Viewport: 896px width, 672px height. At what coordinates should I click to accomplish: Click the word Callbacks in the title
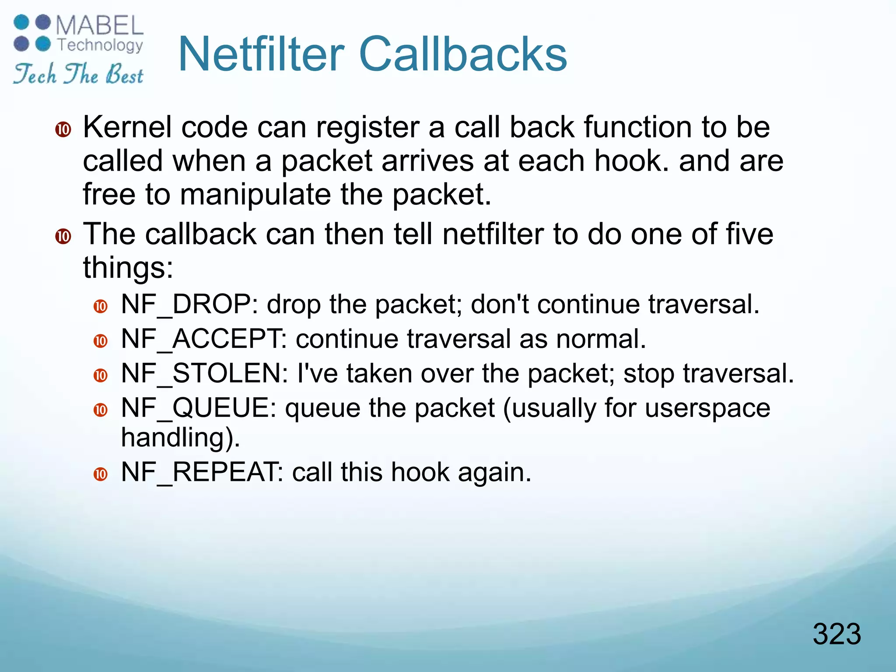pos(462,54)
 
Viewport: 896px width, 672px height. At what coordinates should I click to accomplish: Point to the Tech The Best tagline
pos(78,73)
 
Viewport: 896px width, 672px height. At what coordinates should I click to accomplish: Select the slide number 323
pos(836,634)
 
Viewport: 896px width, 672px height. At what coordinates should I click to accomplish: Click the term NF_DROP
pos(186,304)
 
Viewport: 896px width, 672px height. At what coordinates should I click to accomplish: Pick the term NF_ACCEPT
pos(201,339)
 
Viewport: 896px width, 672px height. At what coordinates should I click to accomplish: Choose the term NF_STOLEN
pos(201,374)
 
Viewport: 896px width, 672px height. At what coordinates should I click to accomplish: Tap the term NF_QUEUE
pos(195,408)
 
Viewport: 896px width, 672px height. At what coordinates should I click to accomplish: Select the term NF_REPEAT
pos(199,472)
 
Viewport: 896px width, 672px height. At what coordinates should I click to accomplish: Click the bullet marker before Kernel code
pos(63,129)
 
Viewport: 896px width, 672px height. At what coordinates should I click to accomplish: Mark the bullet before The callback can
pos(63,236)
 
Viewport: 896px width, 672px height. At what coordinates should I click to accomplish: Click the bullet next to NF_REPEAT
pos(101,474)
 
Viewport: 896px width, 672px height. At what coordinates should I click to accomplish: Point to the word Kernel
pos(127,127)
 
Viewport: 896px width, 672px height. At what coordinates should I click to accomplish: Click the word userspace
pos(707,408)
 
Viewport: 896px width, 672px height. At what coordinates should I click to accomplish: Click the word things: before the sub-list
pos(128,268)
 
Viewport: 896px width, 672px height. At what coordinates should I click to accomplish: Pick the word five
pos(749,234)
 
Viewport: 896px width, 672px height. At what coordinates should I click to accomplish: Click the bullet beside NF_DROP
pos(101,306)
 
